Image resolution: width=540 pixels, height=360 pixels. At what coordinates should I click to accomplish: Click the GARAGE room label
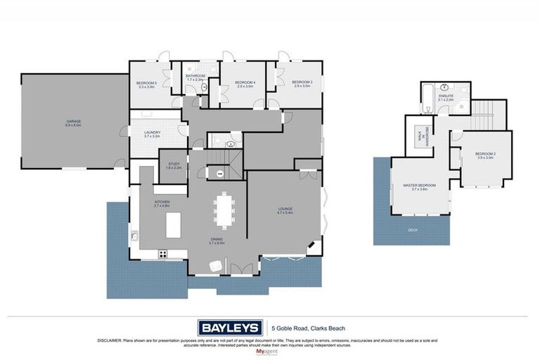pos(74,123)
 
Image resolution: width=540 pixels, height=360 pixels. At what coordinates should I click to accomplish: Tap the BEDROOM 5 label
pos(146,84)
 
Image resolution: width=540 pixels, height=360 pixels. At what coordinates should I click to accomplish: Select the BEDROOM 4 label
pos(244,84)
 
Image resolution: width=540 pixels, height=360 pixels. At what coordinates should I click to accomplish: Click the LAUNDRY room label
pos(153,134)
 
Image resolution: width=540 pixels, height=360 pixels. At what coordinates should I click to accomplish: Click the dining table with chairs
pos(225,210)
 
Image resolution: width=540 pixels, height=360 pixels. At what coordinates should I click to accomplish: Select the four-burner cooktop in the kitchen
pos(162,254)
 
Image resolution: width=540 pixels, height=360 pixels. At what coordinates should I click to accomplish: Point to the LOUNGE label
pos(285,210)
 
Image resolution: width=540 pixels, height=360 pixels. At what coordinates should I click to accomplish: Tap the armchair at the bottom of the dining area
pos(215,265)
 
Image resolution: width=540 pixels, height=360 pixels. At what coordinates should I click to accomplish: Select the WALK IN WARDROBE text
pos(422,136)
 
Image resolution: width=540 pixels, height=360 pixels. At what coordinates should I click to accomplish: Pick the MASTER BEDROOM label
pos(419,187)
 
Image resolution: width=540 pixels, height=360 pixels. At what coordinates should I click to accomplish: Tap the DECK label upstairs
pos(412,230)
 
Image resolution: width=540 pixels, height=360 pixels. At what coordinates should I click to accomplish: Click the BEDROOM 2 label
pos(485,155)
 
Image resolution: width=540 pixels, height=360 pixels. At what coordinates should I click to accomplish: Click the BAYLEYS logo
pos(230,328)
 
